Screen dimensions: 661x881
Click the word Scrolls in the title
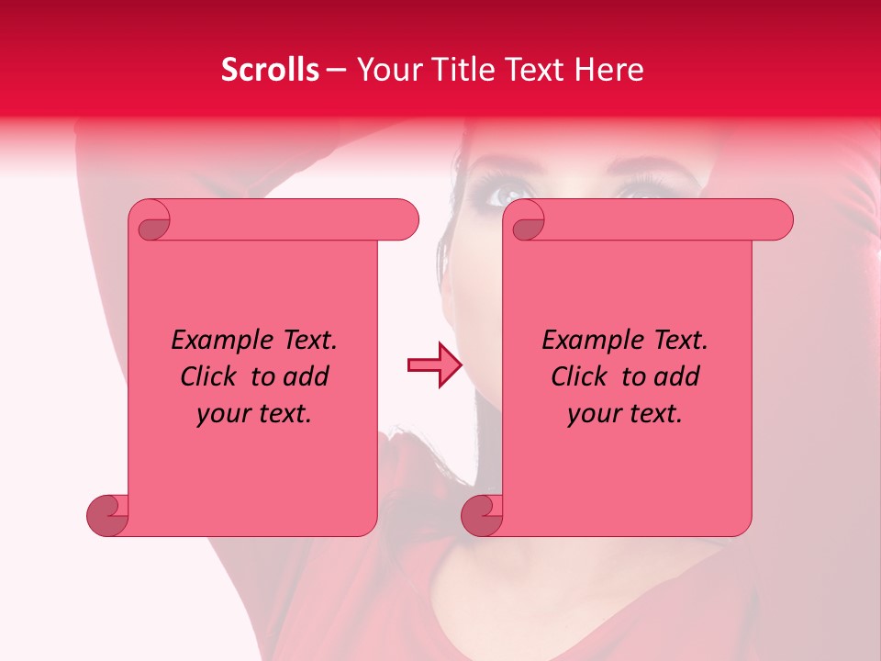click(271, 70)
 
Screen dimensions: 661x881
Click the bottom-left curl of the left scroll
click(108, 514)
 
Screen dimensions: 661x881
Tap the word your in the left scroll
click(223, 414)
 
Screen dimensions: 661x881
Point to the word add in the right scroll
click(677, 377)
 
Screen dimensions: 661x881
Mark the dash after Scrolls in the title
click(337, 70)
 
